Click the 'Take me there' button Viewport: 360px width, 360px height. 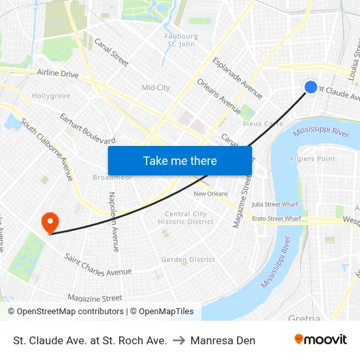point(180,160)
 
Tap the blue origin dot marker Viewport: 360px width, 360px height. point(311,87)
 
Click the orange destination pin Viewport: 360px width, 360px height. point(50,223)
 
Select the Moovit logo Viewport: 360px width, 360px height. point(321,340)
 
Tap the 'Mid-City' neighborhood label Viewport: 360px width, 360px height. point(156,88)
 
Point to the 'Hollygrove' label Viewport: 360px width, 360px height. point(50,96)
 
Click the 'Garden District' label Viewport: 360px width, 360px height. point(189,260)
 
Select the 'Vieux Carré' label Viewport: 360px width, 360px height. point(262,124)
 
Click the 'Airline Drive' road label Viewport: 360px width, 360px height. point(58,73)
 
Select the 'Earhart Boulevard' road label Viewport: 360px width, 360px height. point(87,129)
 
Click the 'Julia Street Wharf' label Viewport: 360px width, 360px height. point(275,204)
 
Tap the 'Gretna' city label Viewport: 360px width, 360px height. point(304,318)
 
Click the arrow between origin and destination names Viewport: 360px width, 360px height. point(178,340)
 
